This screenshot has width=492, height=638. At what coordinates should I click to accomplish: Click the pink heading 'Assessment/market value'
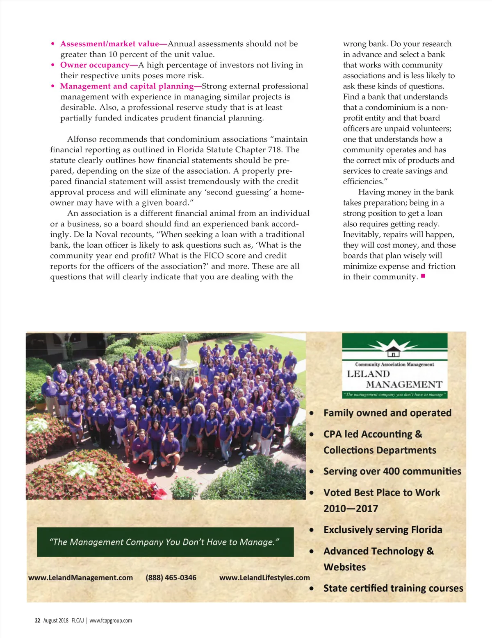coord(109,44)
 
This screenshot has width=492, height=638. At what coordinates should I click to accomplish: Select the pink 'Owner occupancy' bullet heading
coord(95,65)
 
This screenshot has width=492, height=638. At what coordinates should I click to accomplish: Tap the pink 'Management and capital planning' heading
coord(127,86)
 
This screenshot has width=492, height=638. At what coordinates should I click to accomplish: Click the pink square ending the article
coord(423,276)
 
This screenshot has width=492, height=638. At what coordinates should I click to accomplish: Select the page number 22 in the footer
coord(37,620)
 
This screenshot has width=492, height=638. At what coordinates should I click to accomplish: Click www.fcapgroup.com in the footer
coord(111,620)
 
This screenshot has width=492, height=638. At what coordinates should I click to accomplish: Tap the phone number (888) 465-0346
coord(171,577)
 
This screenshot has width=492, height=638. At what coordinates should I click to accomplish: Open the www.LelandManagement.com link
coord(80,577)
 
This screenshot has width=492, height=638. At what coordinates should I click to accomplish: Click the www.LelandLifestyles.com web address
coord(264,577)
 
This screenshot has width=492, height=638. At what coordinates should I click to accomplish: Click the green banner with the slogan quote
coord(165,542)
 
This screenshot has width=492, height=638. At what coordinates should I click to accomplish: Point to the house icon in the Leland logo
coord(393,352)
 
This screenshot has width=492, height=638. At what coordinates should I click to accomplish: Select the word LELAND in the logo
coord(368,374)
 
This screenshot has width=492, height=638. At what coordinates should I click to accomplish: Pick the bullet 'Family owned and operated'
coord(387,413)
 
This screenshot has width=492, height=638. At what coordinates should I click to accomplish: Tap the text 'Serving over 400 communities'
coord(392,471)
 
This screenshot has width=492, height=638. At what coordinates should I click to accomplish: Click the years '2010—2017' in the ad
coord(351,509)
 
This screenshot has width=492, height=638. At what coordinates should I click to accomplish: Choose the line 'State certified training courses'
coord(393,588)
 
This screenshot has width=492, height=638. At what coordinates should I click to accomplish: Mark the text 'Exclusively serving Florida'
coord(383,530)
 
